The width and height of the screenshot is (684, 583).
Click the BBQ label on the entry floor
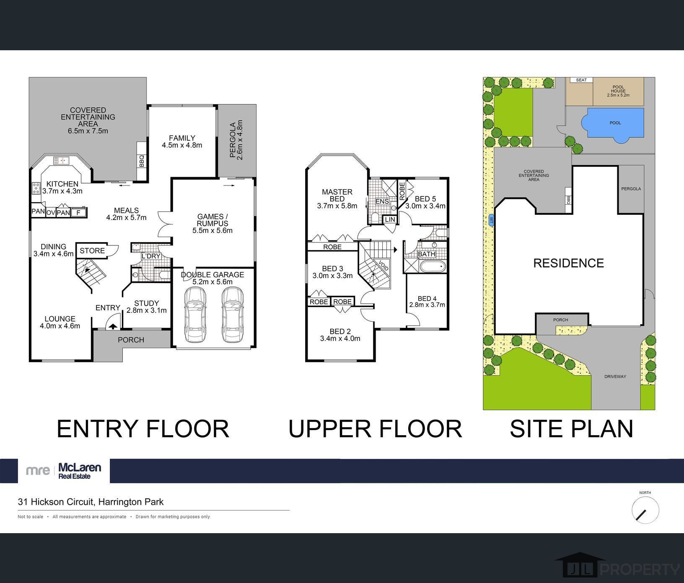pos(142,161)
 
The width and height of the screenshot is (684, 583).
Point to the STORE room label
pos(92,251)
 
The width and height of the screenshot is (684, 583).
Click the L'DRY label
pos(151,256)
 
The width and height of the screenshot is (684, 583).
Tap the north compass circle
pos(645,510)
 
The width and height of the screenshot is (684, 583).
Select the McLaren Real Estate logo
pos(64,471)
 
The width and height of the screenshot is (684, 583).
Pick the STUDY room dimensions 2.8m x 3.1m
pos(147,310)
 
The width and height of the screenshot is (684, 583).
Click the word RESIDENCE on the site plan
pos(569,263)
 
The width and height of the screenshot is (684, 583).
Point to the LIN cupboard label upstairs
pos(390,219)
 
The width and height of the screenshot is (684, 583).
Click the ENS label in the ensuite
pos(382,201)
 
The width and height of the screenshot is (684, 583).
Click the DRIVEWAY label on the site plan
pos(615,377)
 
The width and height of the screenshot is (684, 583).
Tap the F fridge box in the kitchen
pos(78,213)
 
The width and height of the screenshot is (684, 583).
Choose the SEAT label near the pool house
pos(581,80)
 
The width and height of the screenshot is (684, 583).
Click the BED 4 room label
pos(427,298)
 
